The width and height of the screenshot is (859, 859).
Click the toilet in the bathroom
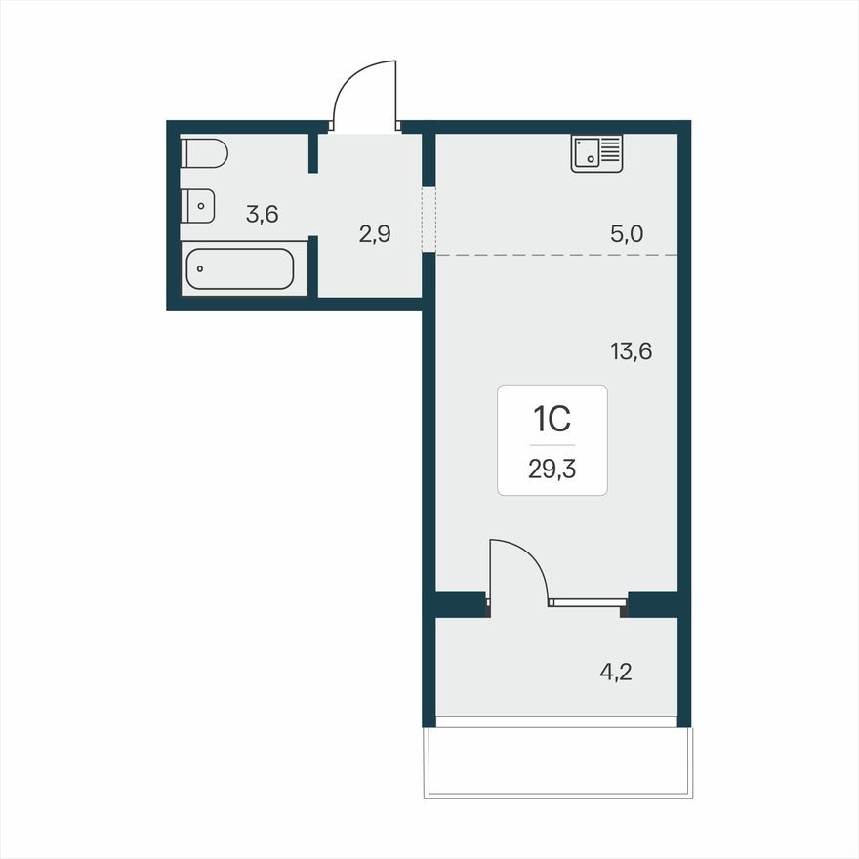[206, 154]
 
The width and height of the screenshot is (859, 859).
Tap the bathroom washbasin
[198, 205]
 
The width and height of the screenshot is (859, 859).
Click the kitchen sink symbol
[596, 153]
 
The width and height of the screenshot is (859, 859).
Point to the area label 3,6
[262, 215]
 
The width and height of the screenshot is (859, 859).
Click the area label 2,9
[375, 235]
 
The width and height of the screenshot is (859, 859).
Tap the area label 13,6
[631, 351]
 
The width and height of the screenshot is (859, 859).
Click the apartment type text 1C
[552, 420]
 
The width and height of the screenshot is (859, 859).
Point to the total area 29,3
[552, 469]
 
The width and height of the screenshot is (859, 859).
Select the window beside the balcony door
[586, 603]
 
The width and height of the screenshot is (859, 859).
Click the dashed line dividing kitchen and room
[556, 255]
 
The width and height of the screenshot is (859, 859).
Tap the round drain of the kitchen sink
[592, 159]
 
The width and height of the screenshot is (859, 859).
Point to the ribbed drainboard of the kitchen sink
[611, 149]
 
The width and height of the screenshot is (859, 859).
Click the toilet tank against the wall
[187, 154]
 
